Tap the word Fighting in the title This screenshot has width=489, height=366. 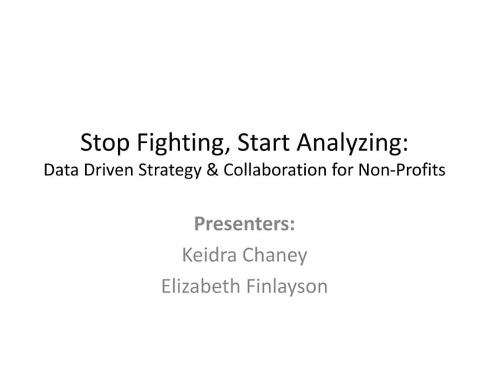(179, 143)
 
